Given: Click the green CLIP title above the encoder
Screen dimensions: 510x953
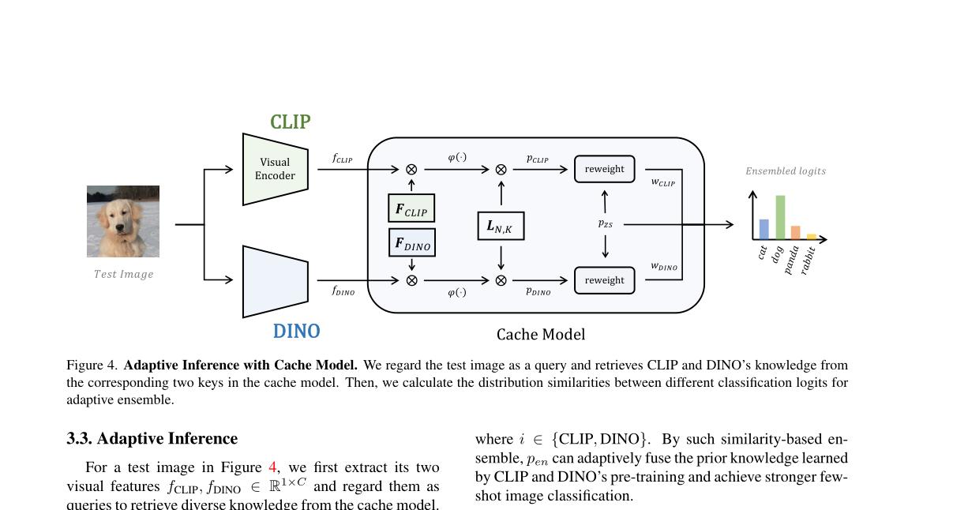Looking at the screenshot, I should click(x=290, y=122).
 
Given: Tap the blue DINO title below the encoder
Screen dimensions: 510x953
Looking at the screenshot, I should click(x=296, y=332).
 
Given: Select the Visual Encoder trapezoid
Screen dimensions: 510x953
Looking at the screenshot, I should click(x=275, y=169).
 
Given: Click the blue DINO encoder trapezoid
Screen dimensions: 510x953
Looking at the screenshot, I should click(x=275, y=281).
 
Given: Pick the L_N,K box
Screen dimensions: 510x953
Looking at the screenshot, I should click(x=501, y=227).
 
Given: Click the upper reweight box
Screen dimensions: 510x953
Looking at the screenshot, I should click(x=604, y=169).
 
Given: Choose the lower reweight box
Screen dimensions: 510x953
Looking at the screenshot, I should click(x=604, y=280).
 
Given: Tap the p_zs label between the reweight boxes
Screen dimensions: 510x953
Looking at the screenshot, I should click(x=605, y=224).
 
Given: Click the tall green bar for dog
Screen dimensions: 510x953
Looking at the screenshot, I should click(x=780, y=217).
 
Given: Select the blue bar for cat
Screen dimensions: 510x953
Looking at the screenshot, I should click(x=764, y=229).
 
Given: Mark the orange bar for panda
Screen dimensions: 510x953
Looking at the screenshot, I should click(x=795, y=232).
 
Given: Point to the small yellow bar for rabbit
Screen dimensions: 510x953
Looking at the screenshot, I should click(x=811, y=236).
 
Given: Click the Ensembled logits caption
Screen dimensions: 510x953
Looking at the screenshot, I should click(x=786, y=171).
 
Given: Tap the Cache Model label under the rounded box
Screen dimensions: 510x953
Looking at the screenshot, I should click(x=541, y=335).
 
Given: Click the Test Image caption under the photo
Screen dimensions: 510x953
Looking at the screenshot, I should click(x=123, y=275).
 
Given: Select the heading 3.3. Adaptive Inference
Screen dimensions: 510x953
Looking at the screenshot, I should click(x=152, y=439).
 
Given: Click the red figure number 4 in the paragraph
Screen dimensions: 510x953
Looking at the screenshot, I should click(x=272, y=467).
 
